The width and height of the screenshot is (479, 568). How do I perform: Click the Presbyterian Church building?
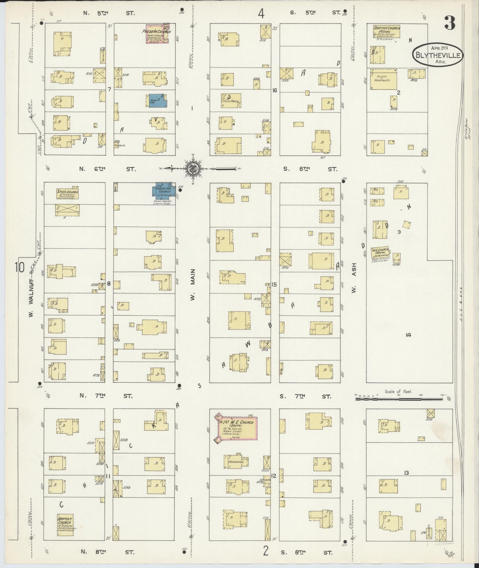click(x=157, y=34)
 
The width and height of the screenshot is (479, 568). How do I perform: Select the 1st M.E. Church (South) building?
click(x=237, y=428)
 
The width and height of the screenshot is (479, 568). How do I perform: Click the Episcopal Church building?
click(x=67, y=194)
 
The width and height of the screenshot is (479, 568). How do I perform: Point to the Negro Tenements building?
click(x=383, y=79)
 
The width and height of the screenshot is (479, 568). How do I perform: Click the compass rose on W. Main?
click(x=193, y=169)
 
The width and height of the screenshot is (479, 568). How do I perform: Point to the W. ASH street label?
click(x=354, y=278)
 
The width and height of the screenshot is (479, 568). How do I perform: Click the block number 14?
click(x=409, y=335)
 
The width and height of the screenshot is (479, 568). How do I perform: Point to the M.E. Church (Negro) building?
click(x=380, y=252)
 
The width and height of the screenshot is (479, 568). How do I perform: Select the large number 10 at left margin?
click(x=20, y=268)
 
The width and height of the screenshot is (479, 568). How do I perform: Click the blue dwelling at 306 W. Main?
click(x=157, y=101)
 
